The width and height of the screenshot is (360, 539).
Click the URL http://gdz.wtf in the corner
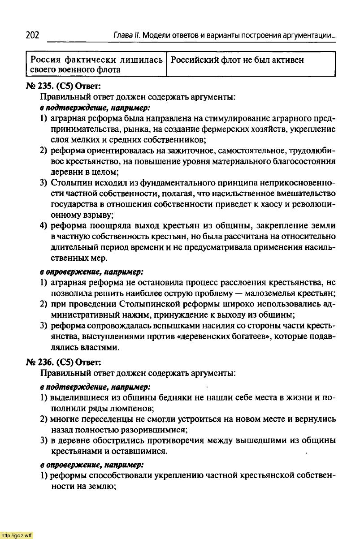(17, 535)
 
